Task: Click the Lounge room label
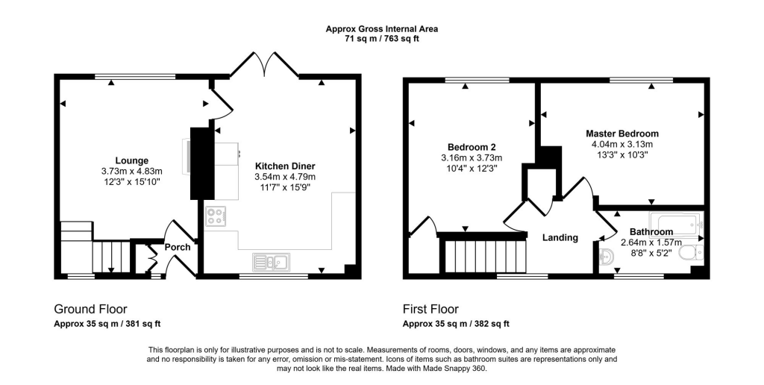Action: tap(131, 160)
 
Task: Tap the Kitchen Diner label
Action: tap(285, 166)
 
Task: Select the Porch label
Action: tap(178, 248)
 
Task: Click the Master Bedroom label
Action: tap(621, 134)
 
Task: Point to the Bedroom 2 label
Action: tap(472, 147)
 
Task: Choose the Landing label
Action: tap(560, 238)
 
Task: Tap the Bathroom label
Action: tap(651, 232)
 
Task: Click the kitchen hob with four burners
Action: tap(216, 216)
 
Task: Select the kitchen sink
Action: tap(272, 261)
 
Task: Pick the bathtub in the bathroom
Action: tap(676, 222)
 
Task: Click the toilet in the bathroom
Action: tap(692, 254)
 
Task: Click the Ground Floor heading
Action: tap(90, 309)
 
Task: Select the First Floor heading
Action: tap(430, 309)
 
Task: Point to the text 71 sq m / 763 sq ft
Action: tap(381, 39)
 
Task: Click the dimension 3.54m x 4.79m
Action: tap(285, 177)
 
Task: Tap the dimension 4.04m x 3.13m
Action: tap(621, 145)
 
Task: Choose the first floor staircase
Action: tap(485, 255)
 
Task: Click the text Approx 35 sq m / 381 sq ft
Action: tap(107, 324)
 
